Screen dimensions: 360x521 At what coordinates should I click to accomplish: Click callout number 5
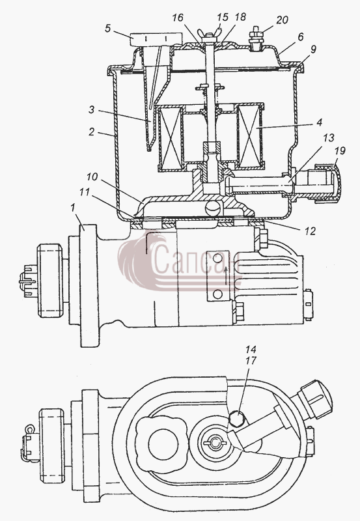[107, 28]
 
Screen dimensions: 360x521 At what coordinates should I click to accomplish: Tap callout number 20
[282, 20]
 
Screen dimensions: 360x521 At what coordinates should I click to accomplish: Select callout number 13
[328, 137]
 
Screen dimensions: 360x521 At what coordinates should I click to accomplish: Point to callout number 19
[340, 151]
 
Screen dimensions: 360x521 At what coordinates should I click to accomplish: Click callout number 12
[309, 231]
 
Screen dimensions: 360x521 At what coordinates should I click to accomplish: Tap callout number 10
[92, 176]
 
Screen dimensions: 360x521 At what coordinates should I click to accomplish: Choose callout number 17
[251, 361]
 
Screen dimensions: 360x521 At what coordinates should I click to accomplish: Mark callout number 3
[92, 109]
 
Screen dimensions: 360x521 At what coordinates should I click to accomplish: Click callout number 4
[319, 122]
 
